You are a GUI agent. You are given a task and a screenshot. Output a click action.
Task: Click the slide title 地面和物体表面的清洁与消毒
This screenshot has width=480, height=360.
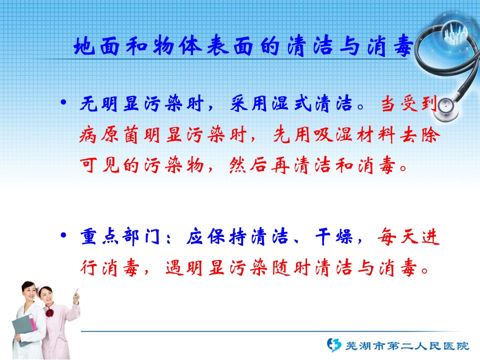tap(243, 46)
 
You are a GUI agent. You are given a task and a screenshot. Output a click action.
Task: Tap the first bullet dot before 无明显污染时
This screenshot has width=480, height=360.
tap(63, 102)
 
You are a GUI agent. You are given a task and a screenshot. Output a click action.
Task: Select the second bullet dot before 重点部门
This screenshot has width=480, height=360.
tap(63, 235)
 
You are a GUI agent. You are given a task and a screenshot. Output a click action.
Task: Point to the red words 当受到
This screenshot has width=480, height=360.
tap(409, 103)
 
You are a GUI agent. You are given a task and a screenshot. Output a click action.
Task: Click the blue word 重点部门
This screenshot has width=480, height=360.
tap(120, 237)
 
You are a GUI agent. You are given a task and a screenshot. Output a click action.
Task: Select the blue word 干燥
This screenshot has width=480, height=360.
tap(334, 237)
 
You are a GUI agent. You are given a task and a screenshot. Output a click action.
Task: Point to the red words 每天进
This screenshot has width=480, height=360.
tap(408, 237)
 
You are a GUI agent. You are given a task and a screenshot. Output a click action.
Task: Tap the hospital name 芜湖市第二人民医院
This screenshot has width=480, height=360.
tap(407, 346)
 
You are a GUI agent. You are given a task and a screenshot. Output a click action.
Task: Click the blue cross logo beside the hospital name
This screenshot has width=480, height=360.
tap(333, 345)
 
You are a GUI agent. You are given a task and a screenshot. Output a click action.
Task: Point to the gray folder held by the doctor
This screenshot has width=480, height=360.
tap(24, 327)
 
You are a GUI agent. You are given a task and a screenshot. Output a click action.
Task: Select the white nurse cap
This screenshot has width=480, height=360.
tap(43, 288)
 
